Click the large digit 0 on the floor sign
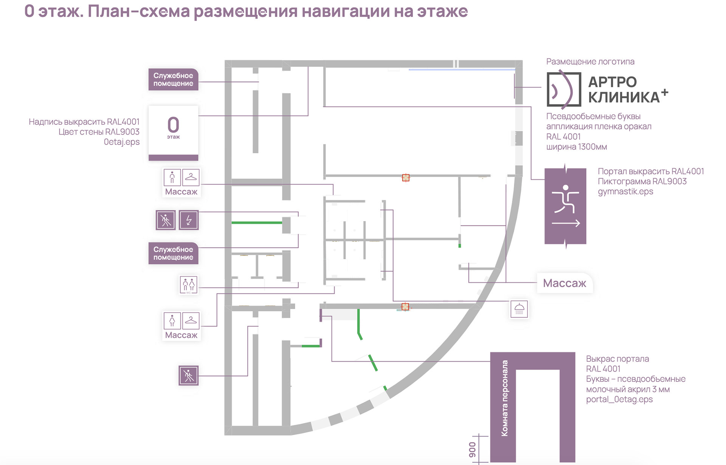pyautogui.click(x=173, y=124)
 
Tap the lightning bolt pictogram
pyautogui.click(x=189, y=220)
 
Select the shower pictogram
pyautogui.click(x=519, y=309)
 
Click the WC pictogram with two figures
pyautogui.click(x=188, y=285)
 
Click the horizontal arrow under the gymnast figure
pyautogui.click(x=566, y=224)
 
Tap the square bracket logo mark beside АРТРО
pyautogui.click(x=563, y=90)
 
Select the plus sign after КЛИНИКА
pyautogui.click(x=665, y=92)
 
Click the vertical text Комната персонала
pyautogui.click(x=504, y=398)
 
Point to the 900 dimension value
pyautogui.click(x=472, y=449)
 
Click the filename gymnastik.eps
pyautogui.click(x=625, y=191)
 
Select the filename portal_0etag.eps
pyautogui.click(x=619, y=400)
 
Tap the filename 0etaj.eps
pyautogui.click(x=122, y=142)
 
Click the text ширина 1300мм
pyautogui.click(x=577, y=147)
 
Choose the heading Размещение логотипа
pyautogui.click(x=590, y=62)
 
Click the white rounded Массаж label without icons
pyautogui.click(x=565, y=283)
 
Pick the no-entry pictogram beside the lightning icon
pyautogui.click(x=166, y=220)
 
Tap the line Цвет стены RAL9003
pyautogui.click(x=99, y=132)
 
